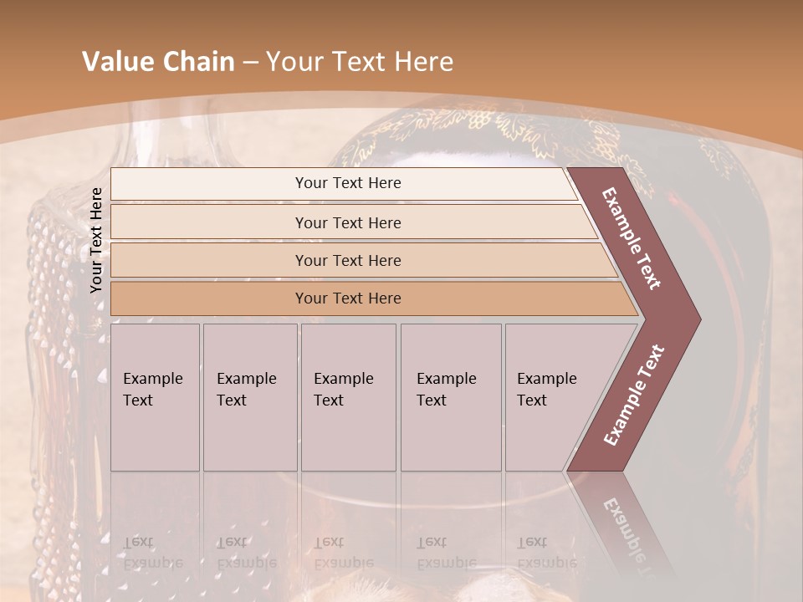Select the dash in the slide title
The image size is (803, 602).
click(x=250, y=63)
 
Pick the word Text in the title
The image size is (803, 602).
click(x=359, y=62)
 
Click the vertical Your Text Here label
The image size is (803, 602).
click(x=96, y=240)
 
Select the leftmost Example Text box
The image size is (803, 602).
click(x=155, y=397)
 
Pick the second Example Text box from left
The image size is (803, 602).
click(x=249, y=397)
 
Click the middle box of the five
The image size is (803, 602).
click(x=348, y=397)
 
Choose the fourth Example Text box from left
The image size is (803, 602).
click(x=450, y=397)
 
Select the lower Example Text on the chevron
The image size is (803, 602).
click(x=634, y=395)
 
